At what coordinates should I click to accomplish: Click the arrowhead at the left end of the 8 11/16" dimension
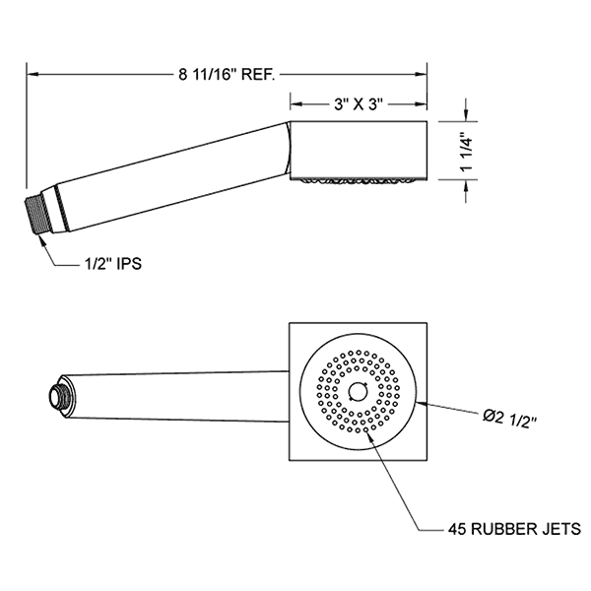coord(30,72)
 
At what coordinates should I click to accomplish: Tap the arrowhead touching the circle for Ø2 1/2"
coord(423,402)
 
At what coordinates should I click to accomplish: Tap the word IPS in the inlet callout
coord(129,265)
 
